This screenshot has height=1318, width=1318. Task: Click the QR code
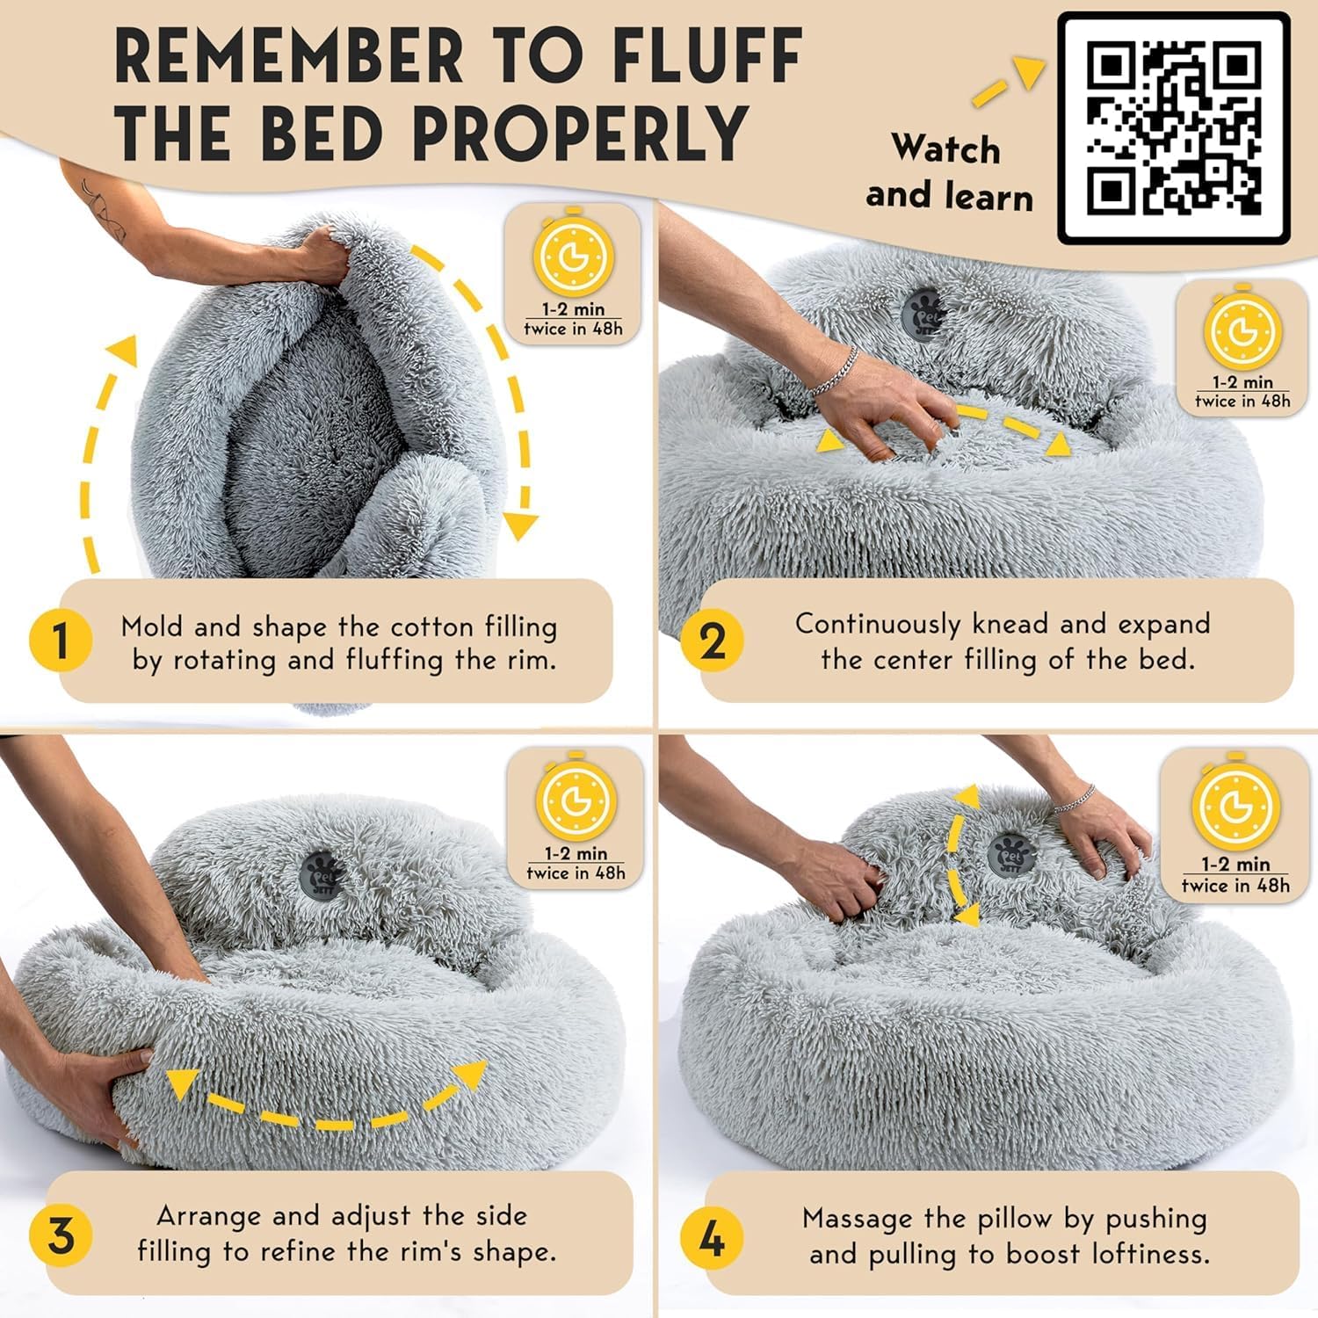[1173, 128]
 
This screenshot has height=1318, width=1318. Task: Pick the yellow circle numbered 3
[60, 1235]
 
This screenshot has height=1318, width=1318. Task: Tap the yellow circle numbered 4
[712, 1239]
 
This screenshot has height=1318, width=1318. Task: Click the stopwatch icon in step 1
[572, 256]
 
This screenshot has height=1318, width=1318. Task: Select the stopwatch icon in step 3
[575, 800]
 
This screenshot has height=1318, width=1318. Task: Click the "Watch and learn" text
[948, 172]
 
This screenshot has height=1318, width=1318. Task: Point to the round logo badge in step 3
[320, 873]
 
